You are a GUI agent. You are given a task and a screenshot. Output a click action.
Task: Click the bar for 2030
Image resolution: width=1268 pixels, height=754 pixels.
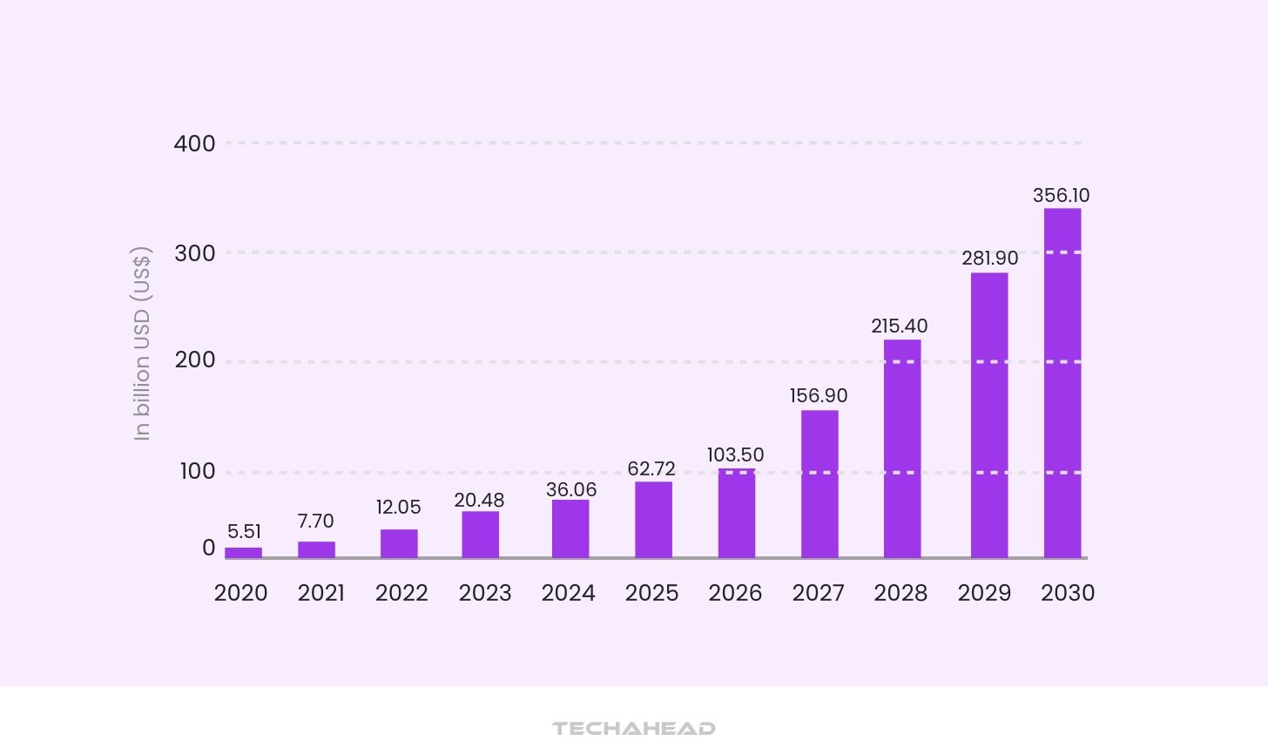1062,383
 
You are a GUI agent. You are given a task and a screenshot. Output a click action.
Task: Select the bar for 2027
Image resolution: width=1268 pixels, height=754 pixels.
819,484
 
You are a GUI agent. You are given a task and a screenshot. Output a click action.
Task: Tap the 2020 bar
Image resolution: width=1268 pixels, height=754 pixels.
244,553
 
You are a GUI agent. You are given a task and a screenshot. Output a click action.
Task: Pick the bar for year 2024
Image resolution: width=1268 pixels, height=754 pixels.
570,528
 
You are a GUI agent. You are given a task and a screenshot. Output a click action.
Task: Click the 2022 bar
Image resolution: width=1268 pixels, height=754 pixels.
399,543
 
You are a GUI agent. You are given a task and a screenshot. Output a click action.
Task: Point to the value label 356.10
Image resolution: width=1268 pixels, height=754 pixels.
1062,195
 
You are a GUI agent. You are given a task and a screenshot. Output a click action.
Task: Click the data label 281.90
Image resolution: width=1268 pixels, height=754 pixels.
990,258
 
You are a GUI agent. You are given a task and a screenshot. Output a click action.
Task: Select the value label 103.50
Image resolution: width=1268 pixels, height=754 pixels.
736,454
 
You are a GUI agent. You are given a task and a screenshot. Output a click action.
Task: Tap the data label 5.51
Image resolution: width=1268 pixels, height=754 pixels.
244,531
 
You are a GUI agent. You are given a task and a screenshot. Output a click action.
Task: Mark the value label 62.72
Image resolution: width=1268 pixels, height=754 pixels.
651,468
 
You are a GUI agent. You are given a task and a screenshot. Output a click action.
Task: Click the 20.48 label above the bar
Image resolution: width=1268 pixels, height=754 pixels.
480,501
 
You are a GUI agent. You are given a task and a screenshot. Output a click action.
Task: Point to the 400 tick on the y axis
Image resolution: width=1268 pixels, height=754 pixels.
195,144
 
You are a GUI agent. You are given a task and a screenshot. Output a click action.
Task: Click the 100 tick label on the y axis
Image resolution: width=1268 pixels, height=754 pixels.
198,472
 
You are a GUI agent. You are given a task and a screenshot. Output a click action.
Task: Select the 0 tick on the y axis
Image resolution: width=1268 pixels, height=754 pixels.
208,548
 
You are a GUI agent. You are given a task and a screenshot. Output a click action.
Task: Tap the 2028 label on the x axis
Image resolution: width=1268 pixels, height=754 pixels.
900,593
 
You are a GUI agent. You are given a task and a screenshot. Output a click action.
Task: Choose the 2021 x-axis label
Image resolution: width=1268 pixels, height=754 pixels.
321,593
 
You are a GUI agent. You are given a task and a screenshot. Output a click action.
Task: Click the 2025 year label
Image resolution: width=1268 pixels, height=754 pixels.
651,593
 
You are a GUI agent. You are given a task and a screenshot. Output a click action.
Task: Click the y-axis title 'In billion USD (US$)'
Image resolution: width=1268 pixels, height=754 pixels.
141,344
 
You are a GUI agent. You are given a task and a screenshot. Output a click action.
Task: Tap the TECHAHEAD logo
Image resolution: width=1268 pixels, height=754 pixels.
634,729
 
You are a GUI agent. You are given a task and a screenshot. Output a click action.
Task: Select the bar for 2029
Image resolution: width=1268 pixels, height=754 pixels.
989,415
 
